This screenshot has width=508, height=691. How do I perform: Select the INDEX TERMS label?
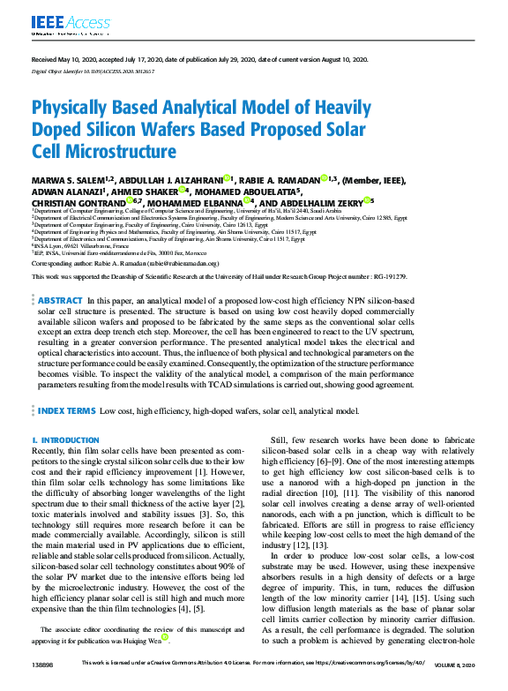click(x=67, y=411)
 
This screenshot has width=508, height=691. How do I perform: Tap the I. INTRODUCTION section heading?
click(x=59, y=439)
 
